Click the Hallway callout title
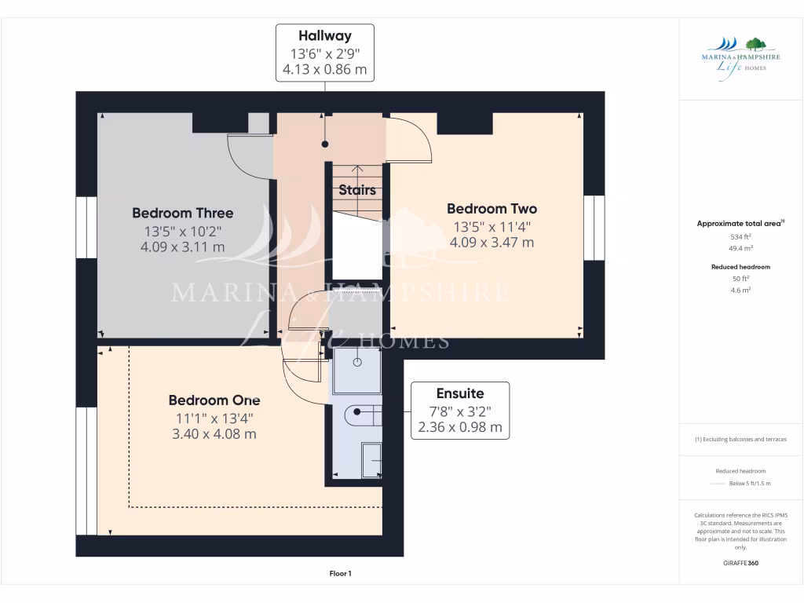tap(324, 35)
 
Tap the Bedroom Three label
tap(182, 213)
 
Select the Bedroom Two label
tap(492, 208)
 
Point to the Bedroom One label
tap(214, 400)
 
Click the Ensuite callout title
tap(460, 393)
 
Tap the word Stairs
tap(357, 190)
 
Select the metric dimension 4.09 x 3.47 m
tap(492, 243)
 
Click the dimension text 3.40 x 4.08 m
tap(214, 434)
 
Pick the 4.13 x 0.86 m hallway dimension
tap(324, 70)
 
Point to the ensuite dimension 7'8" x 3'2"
tap(460, 411)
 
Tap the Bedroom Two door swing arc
tap(415, 137)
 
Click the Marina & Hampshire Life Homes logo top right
tap(740, 54)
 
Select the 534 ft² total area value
tap(740, 236)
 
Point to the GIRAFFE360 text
tap(740, 563)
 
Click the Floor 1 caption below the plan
tap(340, 574)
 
